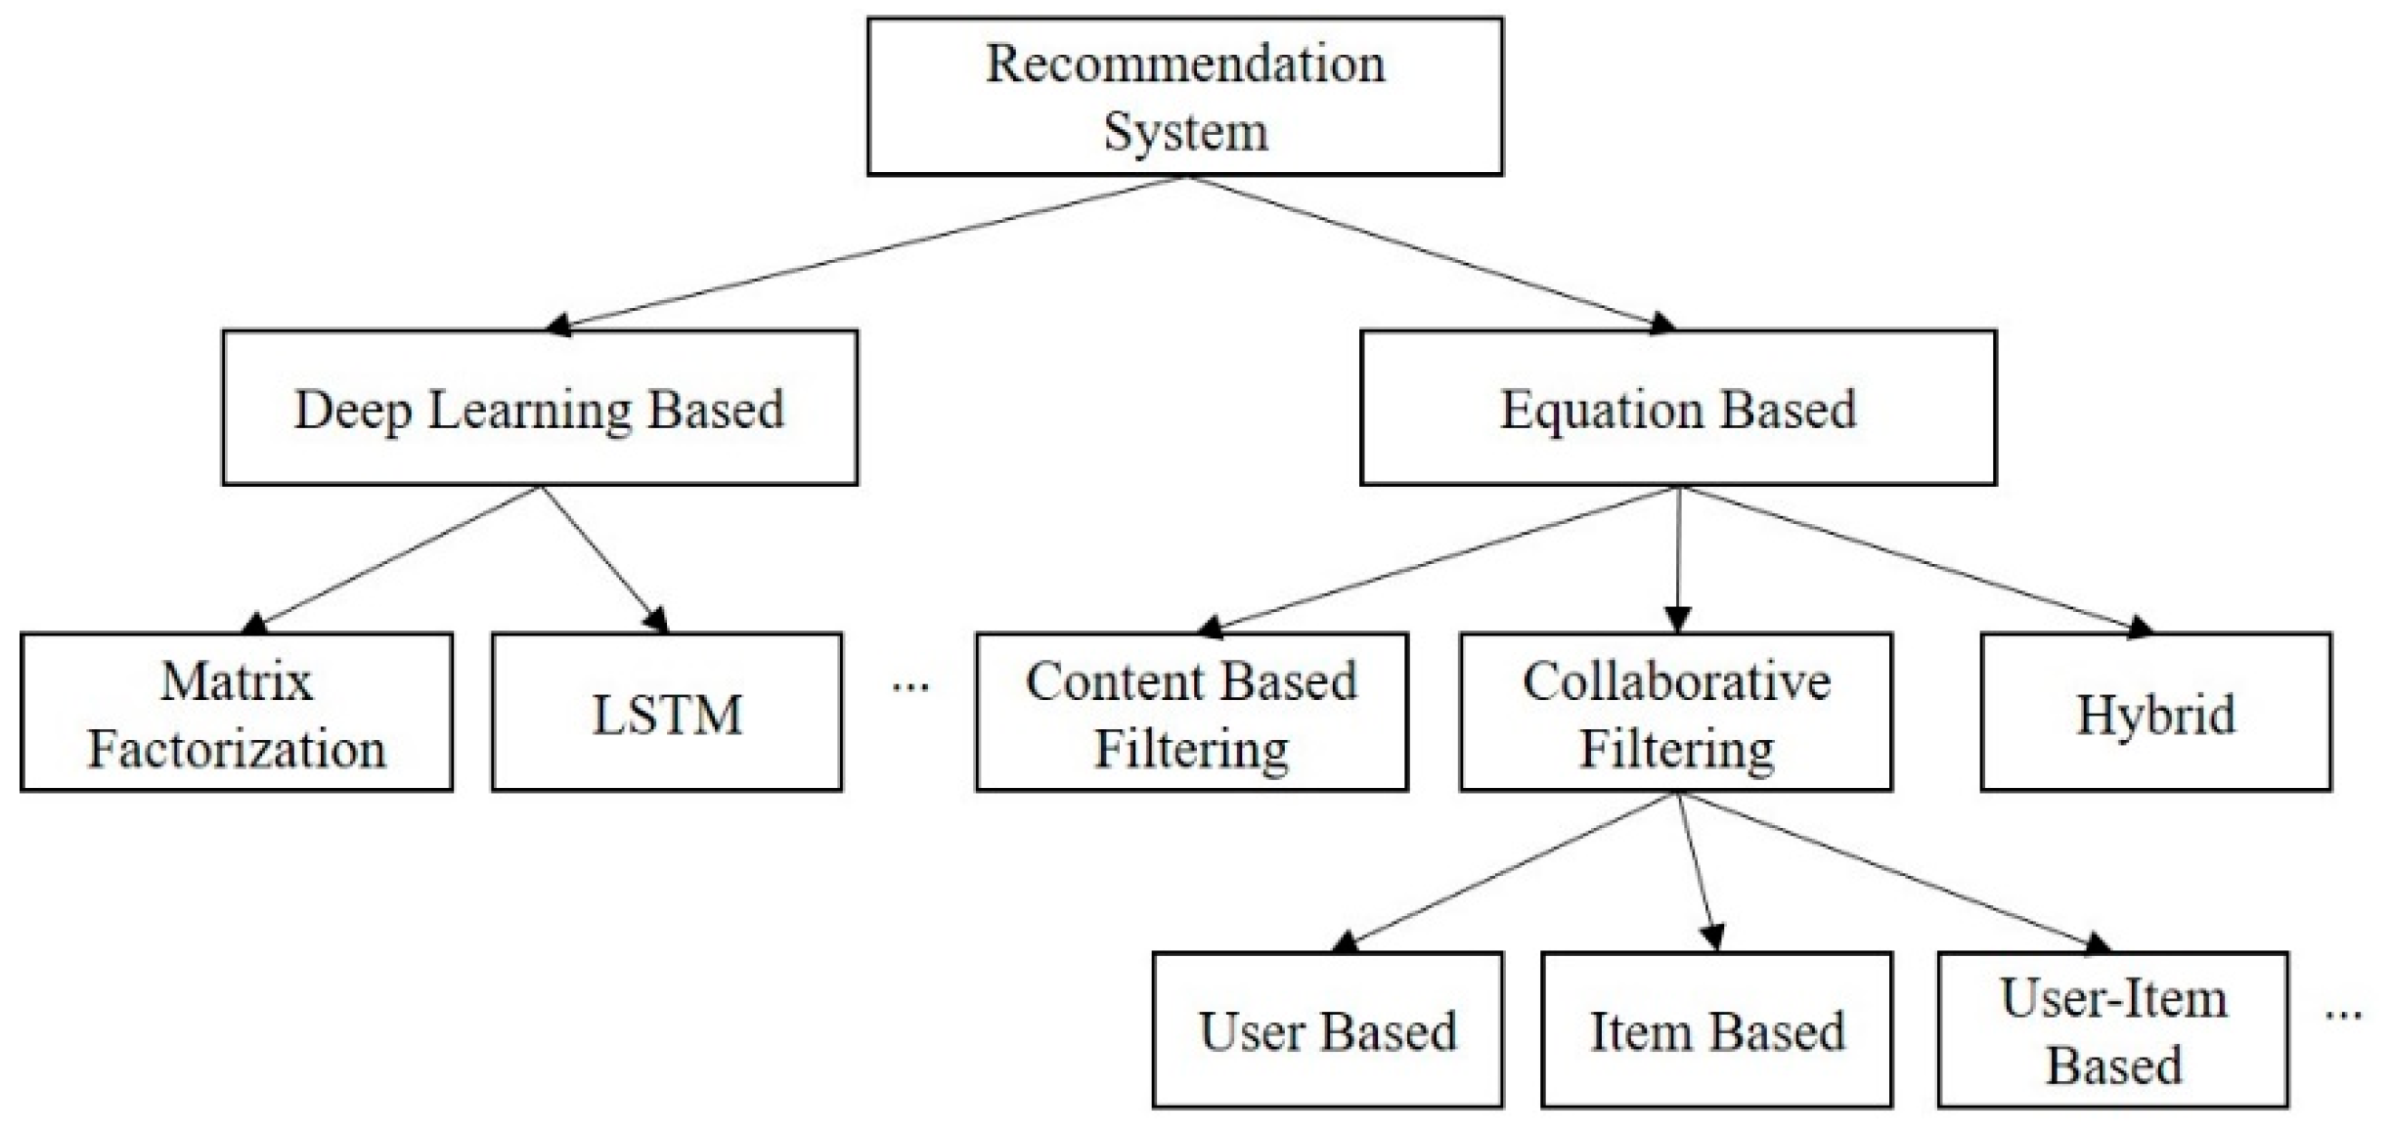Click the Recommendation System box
point(1184,97)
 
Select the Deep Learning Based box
point(540,408)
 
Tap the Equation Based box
point(1677,408)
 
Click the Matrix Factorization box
point(237,713)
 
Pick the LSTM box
point(667,713)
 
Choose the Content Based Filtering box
point(1191,713)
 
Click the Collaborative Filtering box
point(1676,713)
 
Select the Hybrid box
point(2155,713)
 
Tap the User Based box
point(1327,1030)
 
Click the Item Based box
point(1716,1030)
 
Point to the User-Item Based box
point(2112,1030)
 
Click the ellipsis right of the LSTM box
point(910,687)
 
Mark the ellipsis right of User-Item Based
point(2343,1014)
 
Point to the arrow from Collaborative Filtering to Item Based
point(1697,870)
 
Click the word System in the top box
point(1185,132)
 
